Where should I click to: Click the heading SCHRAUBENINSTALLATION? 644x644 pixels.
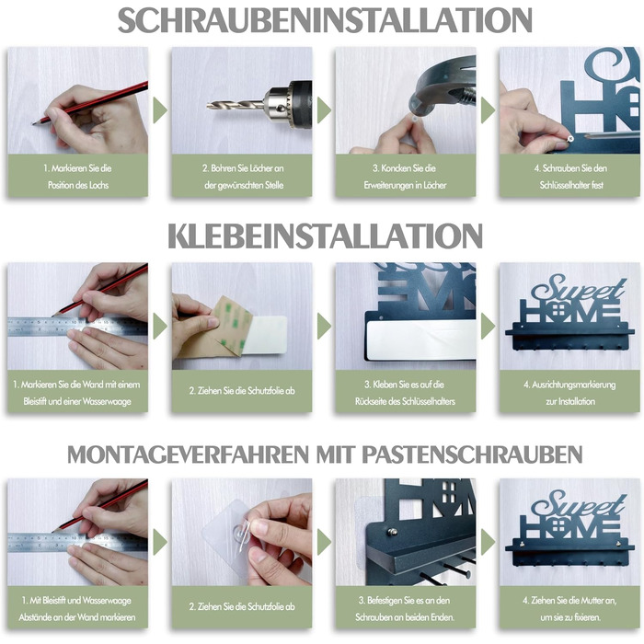pos(325,19)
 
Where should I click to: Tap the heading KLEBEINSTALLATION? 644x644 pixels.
pos(325,236)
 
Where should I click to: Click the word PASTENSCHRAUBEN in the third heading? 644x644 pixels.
pos(472,454)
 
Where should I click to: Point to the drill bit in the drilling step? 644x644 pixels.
pos(236,105)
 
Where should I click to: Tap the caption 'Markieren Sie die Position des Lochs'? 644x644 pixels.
pos(77,177)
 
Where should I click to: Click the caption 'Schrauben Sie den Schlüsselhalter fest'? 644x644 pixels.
pos(570,177)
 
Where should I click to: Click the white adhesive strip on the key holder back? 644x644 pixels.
pos(421,340)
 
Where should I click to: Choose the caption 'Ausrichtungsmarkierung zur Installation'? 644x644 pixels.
pos(569,393)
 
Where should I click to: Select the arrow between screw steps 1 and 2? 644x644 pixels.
pos(160,110)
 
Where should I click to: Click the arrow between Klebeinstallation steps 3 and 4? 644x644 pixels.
pos(488,326)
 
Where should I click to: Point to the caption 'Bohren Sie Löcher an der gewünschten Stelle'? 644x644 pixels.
pos(243,177)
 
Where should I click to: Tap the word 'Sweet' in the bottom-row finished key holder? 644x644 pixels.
pos(579,504)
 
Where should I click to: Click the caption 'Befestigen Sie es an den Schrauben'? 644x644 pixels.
pos(405,609)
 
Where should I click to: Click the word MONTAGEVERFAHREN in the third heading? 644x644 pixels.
pos(188,454)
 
